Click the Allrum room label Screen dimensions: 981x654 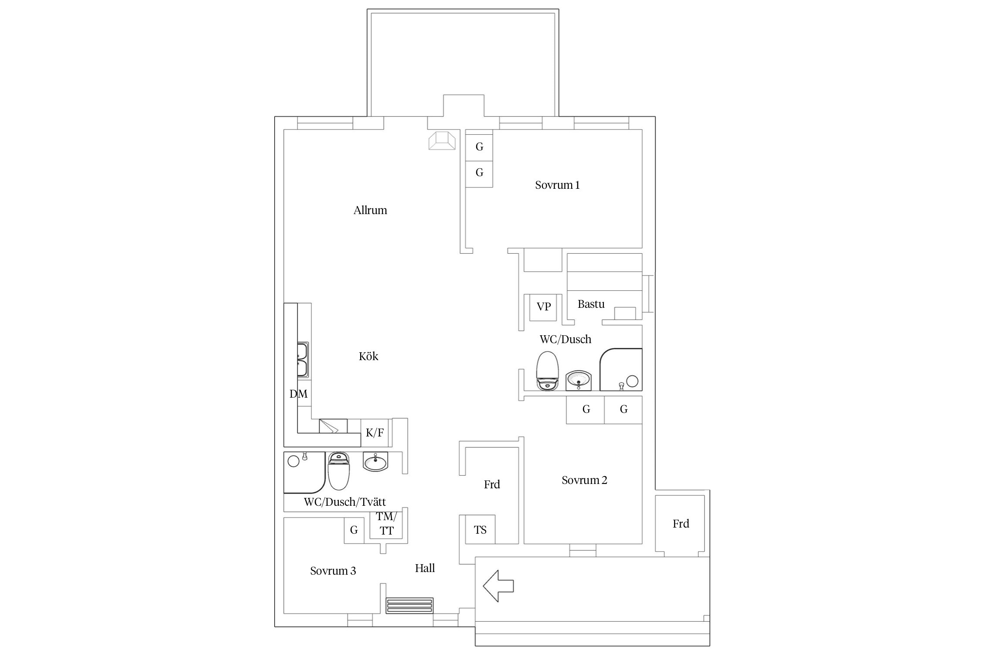coord(370,210)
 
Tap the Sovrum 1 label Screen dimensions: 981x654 coord(557,185)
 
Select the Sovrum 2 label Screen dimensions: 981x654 coord(584,480)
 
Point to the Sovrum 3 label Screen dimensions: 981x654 coord(333,571)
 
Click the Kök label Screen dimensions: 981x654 coord(368,356)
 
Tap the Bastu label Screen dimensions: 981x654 coord(591,304)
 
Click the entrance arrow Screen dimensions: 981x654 coord(498,586)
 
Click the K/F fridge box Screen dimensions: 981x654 coord(375,433)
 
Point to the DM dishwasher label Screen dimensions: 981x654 coord(299,394)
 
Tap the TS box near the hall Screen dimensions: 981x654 coord(480,529)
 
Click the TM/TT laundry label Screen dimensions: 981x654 coord(386,524)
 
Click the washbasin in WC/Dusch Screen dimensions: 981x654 coord(578,381)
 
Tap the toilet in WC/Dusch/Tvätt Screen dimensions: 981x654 coord(339,471)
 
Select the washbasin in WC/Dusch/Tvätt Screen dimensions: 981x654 coord(375,461)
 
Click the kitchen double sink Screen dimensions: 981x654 coord(303,360)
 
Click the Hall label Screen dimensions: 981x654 coord(425,568)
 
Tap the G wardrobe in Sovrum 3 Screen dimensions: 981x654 coord(354,530)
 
